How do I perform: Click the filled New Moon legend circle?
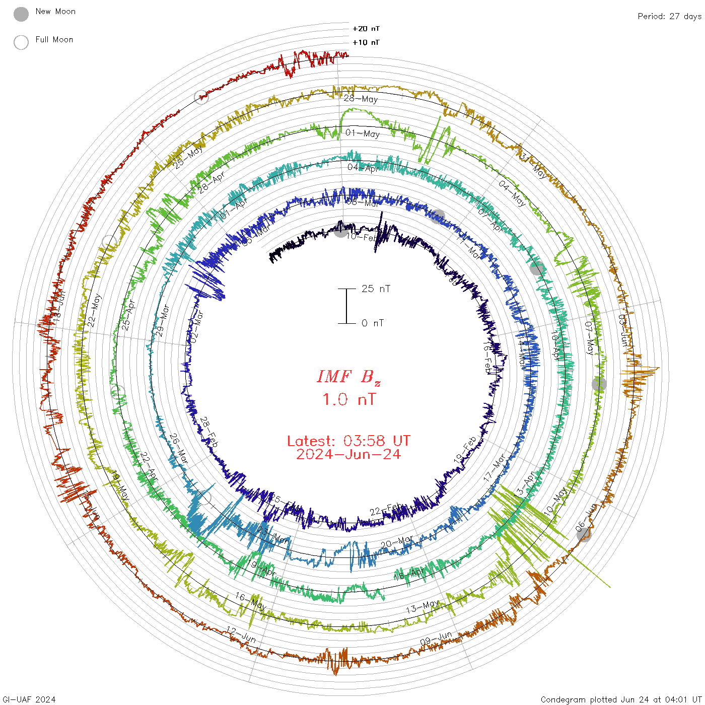(21, 14)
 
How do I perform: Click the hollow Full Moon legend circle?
(21, 42)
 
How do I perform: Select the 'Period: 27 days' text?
(669, 17)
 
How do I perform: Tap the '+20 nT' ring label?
(366, 29)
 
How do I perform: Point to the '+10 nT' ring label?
(366, 42)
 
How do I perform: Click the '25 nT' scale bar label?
(376, 289)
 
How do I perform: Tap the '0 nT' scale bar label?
(373, 323)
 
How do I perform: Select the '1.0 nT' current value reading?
(348, 400)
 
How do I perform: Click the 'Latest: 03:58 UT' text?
(348, 441)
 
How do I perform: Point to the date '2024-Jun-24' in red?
(348, 454)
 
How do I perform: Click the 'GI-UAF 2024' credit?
(29, 699)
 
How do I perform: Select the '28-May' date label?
(361, 99)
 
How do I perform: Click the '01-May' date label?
(363, 133)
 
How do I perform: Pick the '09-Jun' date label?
(436, 638)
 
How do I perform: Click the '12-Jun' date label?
(241, 634)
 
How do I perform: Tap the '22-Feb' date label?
(386, 509)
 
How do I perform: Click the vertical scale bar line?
(346, 306)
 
